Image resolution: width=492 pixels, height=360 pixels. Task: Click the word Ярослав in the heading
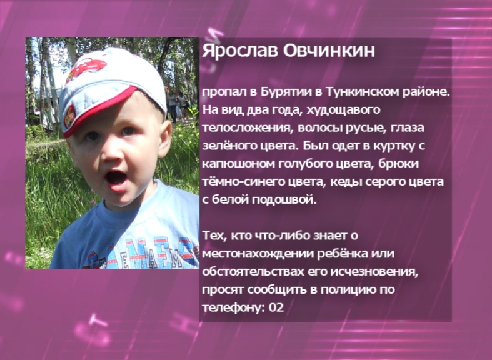click(240, 51)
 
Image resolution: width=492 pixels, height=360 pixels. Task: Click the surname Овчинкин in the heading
click(329, 51)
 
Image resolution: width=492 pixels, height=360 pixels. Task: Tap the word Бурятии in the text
click(286, 92)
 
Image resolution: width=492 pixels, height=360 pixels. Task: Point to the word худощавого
click(343, 111)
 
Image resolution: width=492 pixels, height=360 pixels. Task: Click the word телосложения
click(245, 128)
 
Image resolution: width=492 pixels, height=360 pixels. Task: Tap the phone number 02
click(276, 307)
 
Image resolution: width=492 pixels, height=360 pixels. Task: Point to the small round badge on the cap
click(69, 116)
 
